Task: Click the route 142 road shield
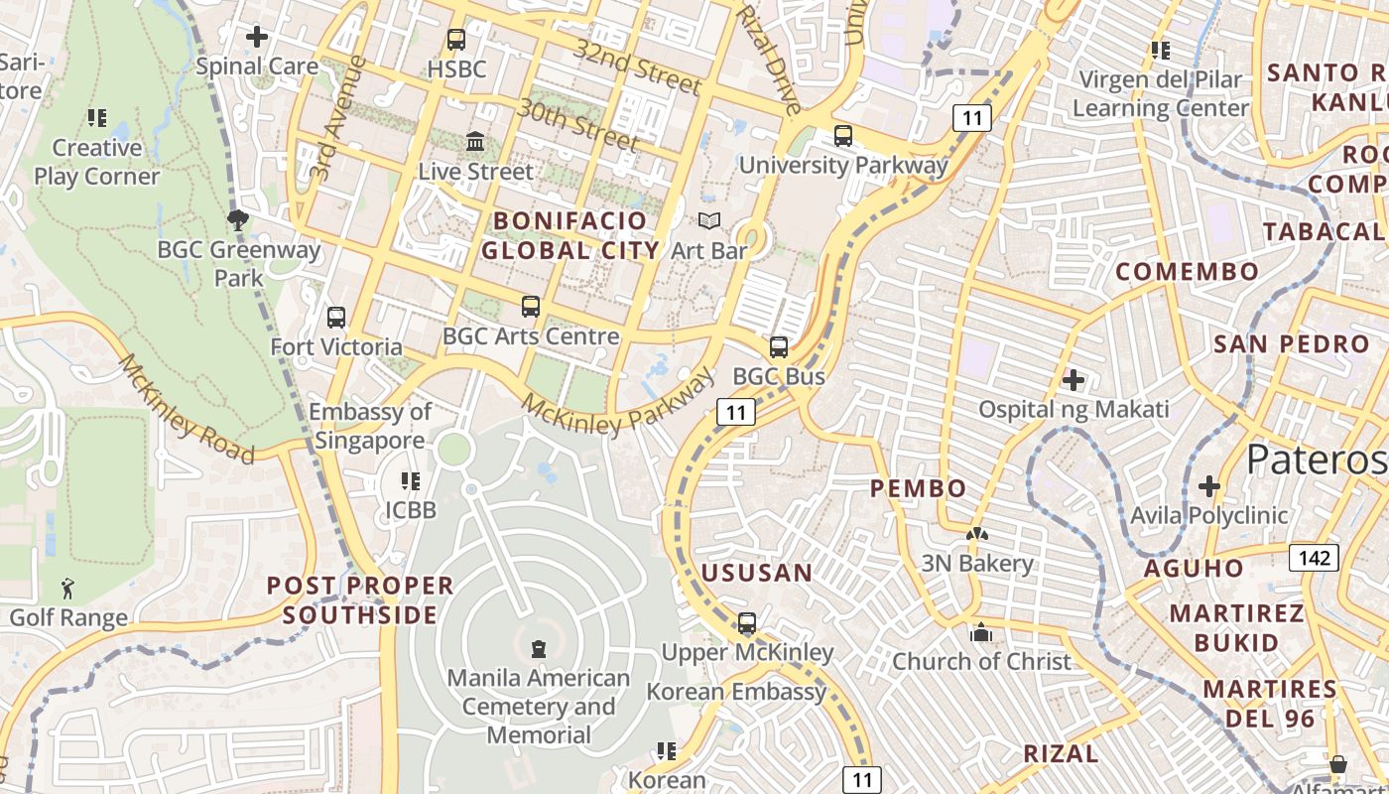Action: [x=1314, y=558]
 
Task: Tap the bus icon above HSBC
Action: [x=456, y=40]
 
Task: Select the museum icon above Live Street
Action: [x=475, y=141]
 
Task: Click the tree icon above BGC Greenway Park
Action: [x=237, y=219]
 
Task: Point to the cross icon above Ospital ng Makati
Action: [x=1073, y=379]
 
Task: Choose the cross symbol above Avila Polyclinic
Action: [x=1208, y=486]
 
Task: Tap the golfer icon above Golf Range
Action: [x=67, y=588]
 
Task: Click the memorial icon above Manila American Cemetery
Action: [x=539, y=649]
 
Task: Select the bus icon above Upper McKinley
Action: [x=747, y=623]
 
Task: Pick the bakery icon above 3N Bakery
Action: [x=977, y=534]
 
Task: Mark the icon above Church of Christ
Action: [x=981, y=632]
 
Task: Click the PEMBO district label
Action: [x=918, y=488]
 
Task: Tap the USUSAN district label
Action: [x=757, y=573]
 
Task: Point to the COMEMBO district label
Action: [x=1187, y=271]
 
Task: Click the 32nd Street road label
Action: [x=638, y=67]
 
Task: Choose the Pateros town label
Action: [x=1316, y=460]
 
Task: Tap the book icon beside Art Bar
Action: [x=708, y=220]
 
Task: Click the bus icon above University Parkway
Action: [x=842, y=136]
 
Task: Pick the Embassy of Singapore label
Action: [x=369, y=426]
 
